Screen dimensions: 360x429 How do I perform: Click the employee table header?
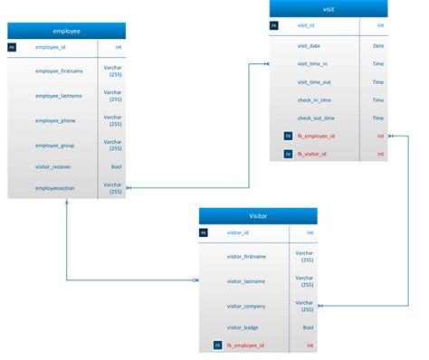pos(66,31)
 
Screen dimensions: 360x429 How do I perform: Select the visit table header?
pos(328,9)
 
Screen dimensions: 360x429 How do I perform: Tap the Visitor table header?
pos(258,216)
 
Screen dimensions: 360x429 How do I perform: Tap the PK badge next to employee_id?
pos(13,47)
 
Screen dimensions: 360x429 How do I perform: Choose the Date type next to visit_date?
pos(378,45)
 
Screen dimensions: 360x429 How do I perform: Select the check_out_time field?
pos(316,118)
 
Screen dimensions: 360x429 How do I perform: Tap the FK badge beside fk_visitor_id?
pos(288,154)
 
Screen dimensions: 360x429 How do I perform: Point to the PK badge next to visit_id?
pos(274,26)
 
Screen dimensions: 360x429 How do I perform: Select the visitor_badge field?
pos(243,327)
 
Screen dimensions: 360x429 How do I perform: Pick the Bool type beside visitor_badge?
pos(308,327)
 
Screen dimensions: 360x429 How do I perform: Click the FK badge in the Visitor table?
pos(217,346)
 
